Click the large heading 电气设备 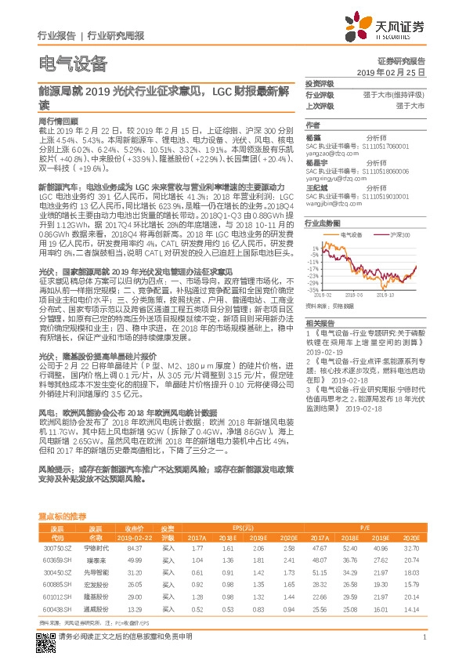[72, 64]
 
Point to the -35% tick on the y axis [313, 288]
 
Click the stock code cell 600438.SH [55, 608]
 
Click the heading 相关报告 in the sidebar [319, 322]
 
